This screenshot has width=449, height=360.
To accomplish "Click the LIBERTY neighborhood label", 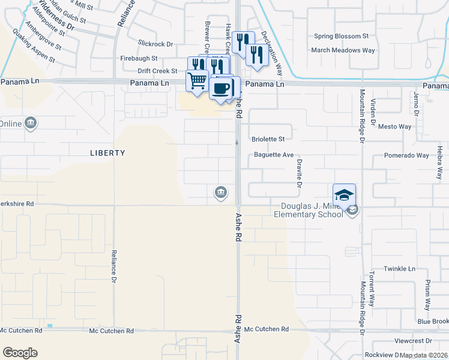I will [107, 153].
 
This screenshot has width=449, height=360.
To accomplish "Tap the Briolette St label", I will [268, 139].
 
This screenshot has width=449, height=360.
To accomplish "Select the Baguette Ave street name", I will [274, 155].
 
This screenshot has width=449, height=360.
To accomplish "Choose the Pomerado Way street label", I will [407, 155].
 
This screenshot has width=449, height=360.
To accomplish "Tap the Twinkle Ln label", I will [400, 269].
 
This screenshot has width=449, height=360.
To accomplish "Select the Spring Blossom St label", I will [341, 37].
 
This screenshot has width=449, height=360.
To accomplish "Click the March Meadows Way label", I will [343, 50].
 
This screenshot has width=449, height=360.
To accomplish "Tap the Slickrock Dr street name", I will [155, 44].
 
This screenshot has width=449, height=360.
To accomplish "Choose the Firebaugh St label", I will [139, 59].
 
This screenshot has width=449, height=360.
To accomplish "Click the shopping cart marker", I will [197, 80].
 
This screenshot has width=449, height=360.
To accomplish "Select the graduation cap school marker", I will [344, 195].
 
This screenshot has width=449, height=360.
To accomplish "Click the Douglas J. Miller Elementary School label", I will [309, 210].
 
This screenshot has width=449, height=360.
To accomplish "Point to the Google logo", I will [20, 352].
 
